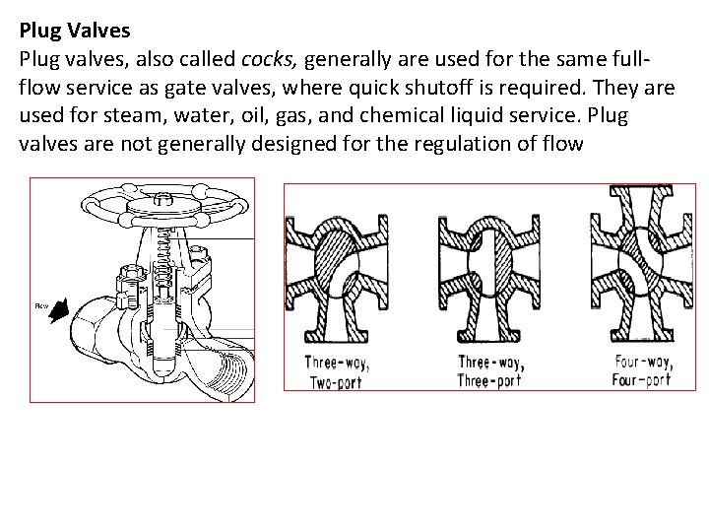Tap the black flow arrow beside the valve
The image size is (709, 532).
click(61, 313)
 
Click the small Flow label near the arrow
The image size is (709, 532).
click(41, 306)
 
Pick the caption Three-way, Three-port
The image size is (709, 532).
click(490, 369)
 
